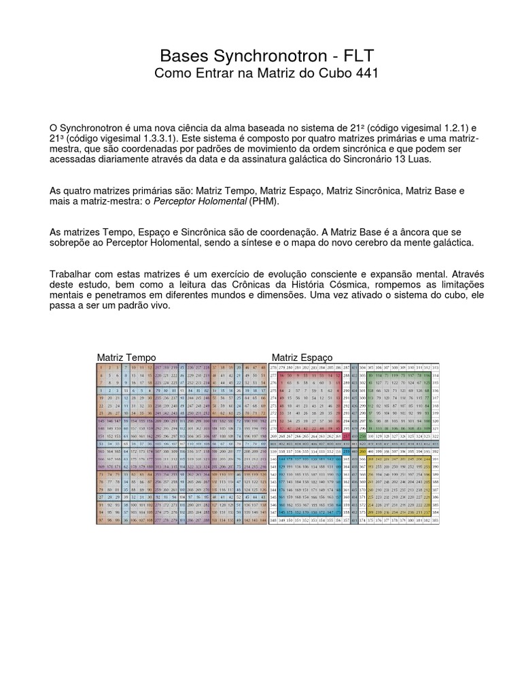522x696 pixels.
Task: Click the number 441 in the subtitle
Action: [360, 73]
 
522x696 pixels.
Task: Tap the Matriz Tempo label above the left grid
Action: [126, 357]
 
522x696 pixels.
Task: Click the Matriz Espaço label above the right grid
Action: [302, 357]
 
